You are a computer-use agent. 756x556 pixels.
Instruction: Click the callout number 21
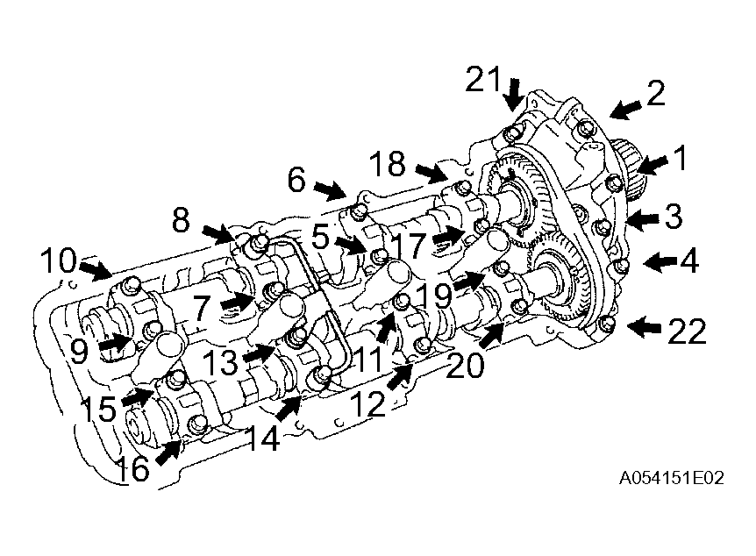point(482,80)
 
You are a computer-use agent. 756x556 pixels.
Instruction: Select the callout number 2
point(656,93)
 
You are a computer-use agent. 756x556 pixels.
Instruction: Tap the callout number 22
point(686,331)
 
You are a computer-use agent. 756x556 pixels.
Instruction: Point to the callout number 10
point(59,260)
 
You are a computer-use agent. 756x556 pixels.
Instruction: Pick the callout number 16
point(133,468)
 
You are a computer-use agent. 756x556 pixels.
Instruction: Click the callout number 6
point(296,180)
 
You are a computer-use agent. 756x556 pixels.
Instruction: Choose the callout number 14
point(262,438)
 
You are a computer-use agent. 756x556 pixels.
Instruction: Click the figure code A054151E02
point(671,478)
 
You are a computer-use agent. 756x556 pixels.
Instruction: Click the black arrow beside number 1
point(652,165)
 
